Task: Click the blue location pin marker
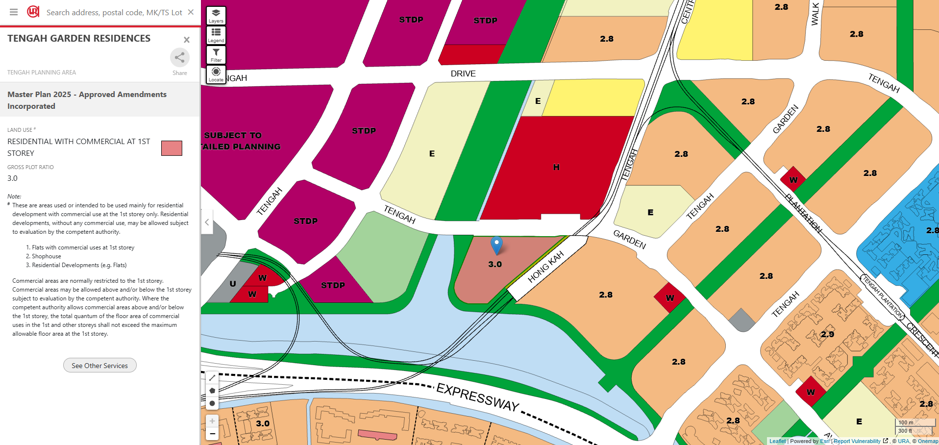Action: coord(496,245)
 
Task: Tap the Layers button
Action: coord(216,15)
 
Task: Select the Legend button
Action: coord(216,35)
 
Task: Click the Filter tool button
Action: coord(216,54)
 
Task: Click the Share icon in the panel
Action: coord(180,58)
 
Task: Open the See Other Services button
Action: coord(100,366)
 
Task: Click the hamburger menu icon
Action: coord(14,12)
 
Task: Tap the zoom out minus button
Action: coord(212,434)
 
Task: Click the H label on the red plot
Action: coord(556,167)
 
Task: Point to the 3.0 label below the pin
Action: coord(495,264)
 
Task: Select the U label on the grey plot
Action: coord(233,284)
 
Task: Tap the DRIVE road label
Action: coord(463,74)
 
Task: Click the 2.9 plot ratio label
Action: coord(827,334)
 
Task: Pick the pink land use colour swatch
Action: coord(172,148)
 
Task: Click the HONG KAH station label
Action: coord(545,267)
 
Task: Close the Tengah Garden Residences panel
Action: coord(186,40)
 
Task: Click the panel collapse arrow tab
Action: coord(207,222)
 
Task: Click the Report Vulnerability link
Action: coord(857,441)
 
